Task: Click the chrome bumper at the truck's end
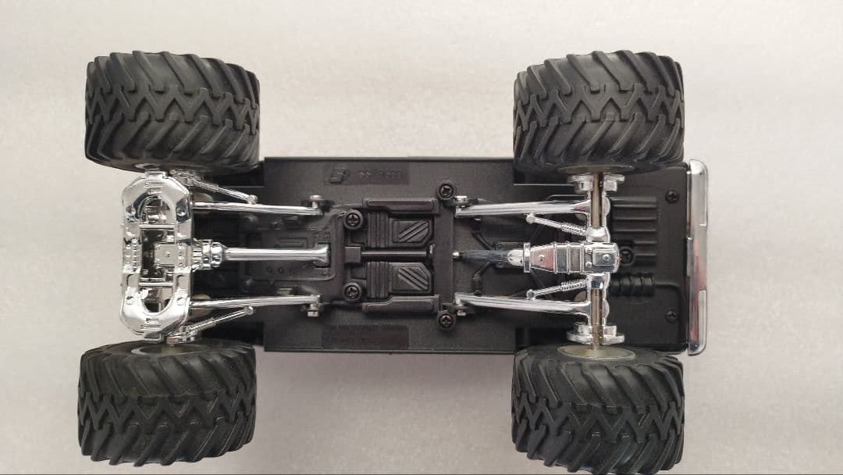click(x=696, y=257)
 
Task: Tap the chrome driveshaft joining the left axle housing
click(x=273, y=254)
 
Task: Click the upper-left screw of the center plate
click(x=353, y=220)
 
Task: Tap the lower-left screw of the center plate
click(x=353, y=292)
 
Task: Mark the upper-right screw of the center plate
click(x=446, y=190)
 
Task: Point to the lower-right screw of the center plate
click(x=446, y=319)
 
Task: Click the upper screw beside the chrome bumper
click(x=670, y=196)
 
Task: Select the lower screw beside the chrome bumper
click(x=670, y=316)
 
